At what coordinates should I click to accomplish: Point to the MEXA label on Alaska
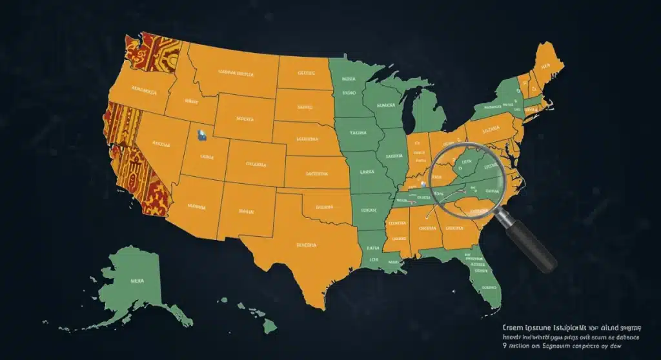[x=137, y=281]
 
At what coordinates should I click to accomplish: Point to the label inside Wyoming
[x=245, y=119]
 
